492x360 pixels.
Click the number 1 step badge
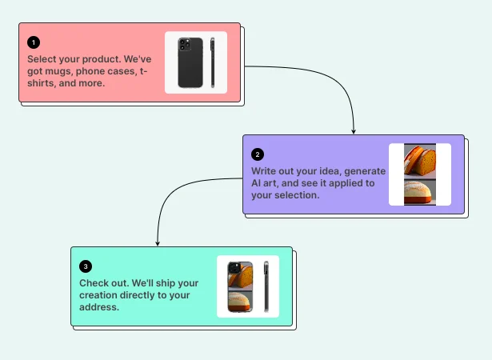(33, 42)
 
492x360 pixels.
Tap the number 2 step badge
(257, 154)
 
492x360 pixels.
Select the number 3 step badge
(85, 266)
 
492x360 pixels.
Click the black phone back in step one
(190, 62)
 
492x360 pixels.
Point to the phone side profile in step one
(213, 62)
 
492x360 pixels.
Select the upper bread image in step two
(420, 160)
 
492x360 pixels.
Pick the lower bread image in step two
(420, 192)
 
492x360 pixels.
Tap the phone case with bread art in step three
(240, 286)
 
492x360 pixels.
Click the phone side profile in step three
(266, 286)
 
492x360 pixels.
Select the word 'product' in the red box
(102, 59)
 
